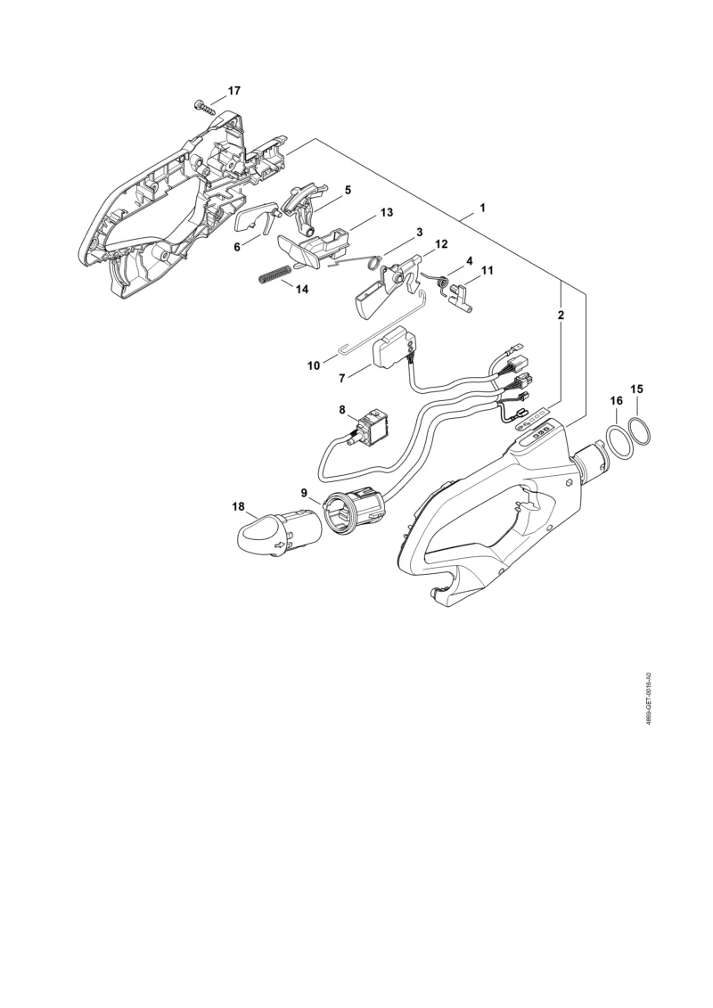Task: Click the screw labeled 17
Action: point(201,106)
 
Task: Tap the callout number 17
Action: point(234,91)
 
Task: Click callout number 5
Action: point(348,190)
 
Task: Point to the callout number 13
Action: point(387,212)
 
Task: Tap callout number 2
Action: point(561,315)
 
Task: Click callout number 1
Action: point(482,209)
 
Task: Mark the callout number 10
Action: point(314,365)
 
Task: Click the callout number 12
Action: point(441,244)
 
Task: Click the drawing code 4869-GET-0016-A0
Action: point(650,699)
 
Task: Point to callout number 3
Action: point(419,232)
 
